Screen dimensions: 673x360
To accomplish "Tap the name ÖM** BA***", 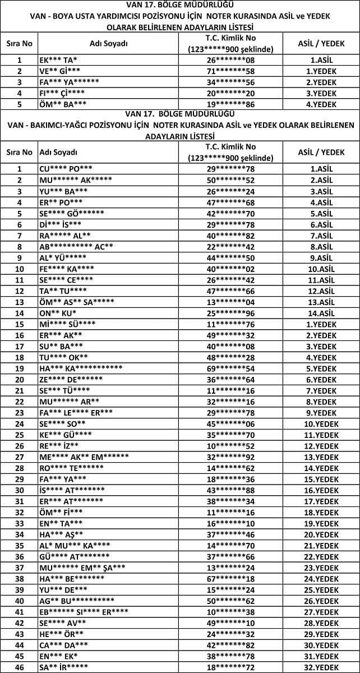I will [63, 104].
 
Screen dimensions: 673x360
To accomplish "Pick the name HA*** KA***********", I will [81, 368].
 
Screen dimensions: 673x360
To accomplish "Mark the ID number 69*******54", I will [230, 368].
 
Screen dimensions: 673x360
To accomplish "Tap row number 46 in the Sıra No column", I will [20, 667].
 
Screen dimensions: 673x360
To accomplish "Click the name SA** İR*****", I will [64, 667].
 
